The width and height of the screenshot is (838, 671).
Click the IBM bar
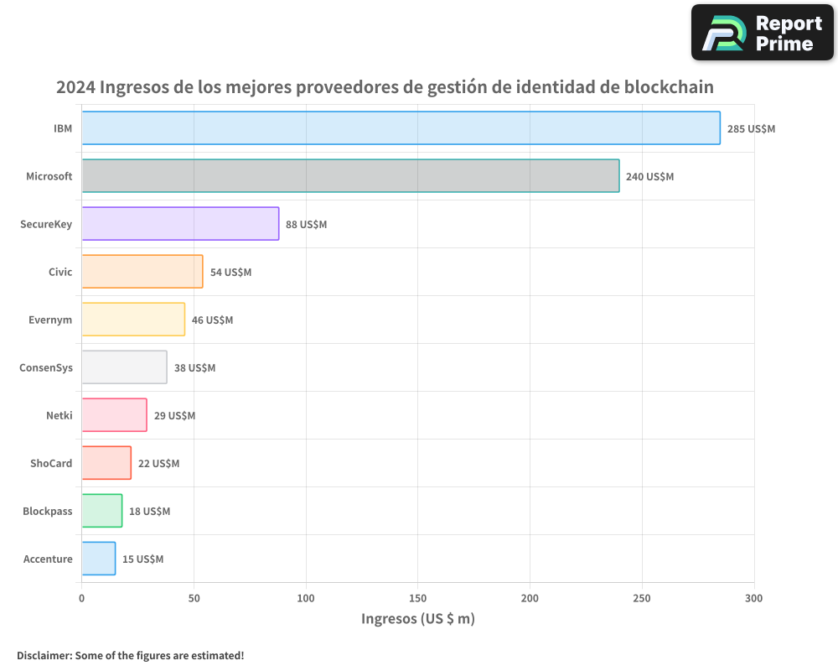(x=401, y=128)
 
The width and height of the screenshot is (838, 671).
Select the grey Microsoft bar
(x=350, y=176)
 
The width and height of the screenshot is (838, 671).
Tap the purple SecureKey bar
(x=180, y=224)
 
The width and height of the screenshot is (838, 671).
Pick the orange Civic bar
(x=142, y=272)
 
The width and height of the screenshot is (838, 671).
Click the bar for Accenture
(x=99, y=559)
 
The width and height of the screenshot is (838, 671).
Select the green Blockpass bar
(x=102, y=511)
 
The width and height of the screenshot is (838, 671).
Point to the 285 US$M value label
(x=751, y=129)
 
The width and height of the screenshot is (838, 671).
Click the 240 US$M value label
(x=649, y=177)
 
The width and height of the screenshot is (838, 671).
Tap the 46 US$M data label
(x=212, y=320)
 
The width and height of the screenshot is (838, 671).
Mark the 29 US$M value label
(x=174, y=416)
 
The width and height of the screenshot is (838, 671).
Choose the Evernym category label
(x=51, y=320)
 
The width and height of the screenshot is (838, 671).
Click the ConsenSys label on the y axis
(x=46, y=367)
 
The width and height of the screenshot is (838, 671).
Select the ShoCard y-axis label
(x=51, y=463)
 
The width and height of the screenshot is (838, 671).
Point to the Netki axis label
(x=59, y=415)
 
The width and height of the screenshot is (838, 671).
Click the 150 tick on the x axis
(x=417, y=598)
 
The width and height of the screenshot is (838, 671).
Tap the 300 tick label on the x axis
(x=753, y=598)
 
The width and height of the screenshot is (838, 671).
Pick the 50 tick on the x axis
(x=194, y=598)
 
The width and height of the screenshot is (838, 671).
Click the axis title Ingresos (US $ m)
(x=417, y=619)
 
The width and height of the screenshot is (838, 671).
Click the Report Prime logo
(x=762, y=33)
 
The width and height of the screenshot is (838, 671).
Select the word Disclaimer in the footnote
(x=43, y=655)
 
